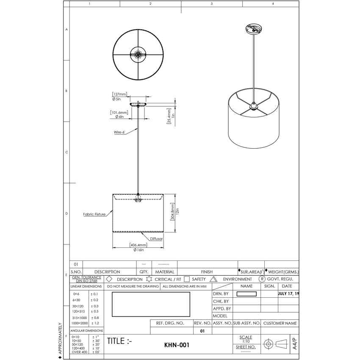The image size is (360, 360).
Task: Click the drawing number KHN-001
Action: point(176,345)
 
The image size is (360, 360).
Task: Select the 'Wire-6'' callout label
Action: point(119,132)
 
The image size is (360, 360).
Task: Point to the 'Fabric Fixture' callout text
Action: point(94,214)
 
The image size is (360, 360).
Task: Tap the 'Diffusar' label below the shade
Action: point(156,239)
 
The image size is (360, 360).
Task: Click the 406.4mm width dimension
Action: point(138,245)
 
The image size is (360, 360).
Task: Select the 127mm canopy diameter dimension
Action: point(119,94)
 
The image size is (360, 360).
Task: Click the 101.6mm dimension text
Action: point(119,112)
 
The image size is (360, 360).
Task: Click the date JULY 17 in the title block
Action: point(288,294)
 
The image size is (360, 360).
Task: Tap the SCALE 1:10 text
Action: point(246,339)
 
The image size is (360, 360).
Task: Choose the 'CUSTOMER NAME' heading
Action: point(280,323)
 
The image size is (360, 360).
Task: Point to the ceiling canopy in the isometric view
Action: point(254,30)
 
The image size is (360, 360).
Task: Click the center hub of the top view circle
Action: point(138,53)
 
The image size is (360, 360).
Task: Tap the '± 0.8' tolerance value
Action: point(95,318)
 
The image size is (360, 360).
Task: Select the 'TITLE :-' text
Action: point(119,341)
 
